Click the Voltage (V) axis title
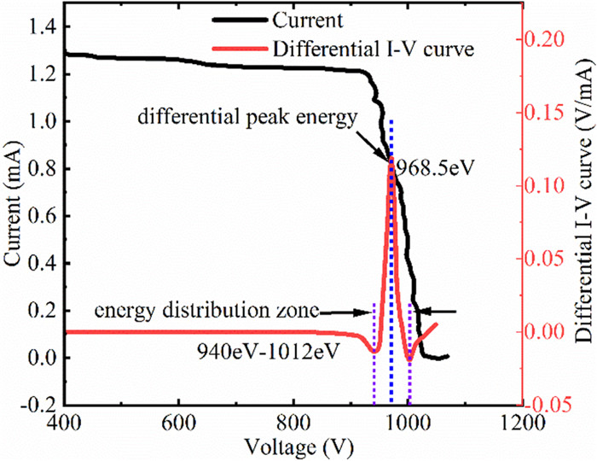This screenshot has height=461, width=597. [x=292, y=446]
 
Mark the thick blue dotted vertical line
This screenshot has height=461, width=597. [x=391, y=256]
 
